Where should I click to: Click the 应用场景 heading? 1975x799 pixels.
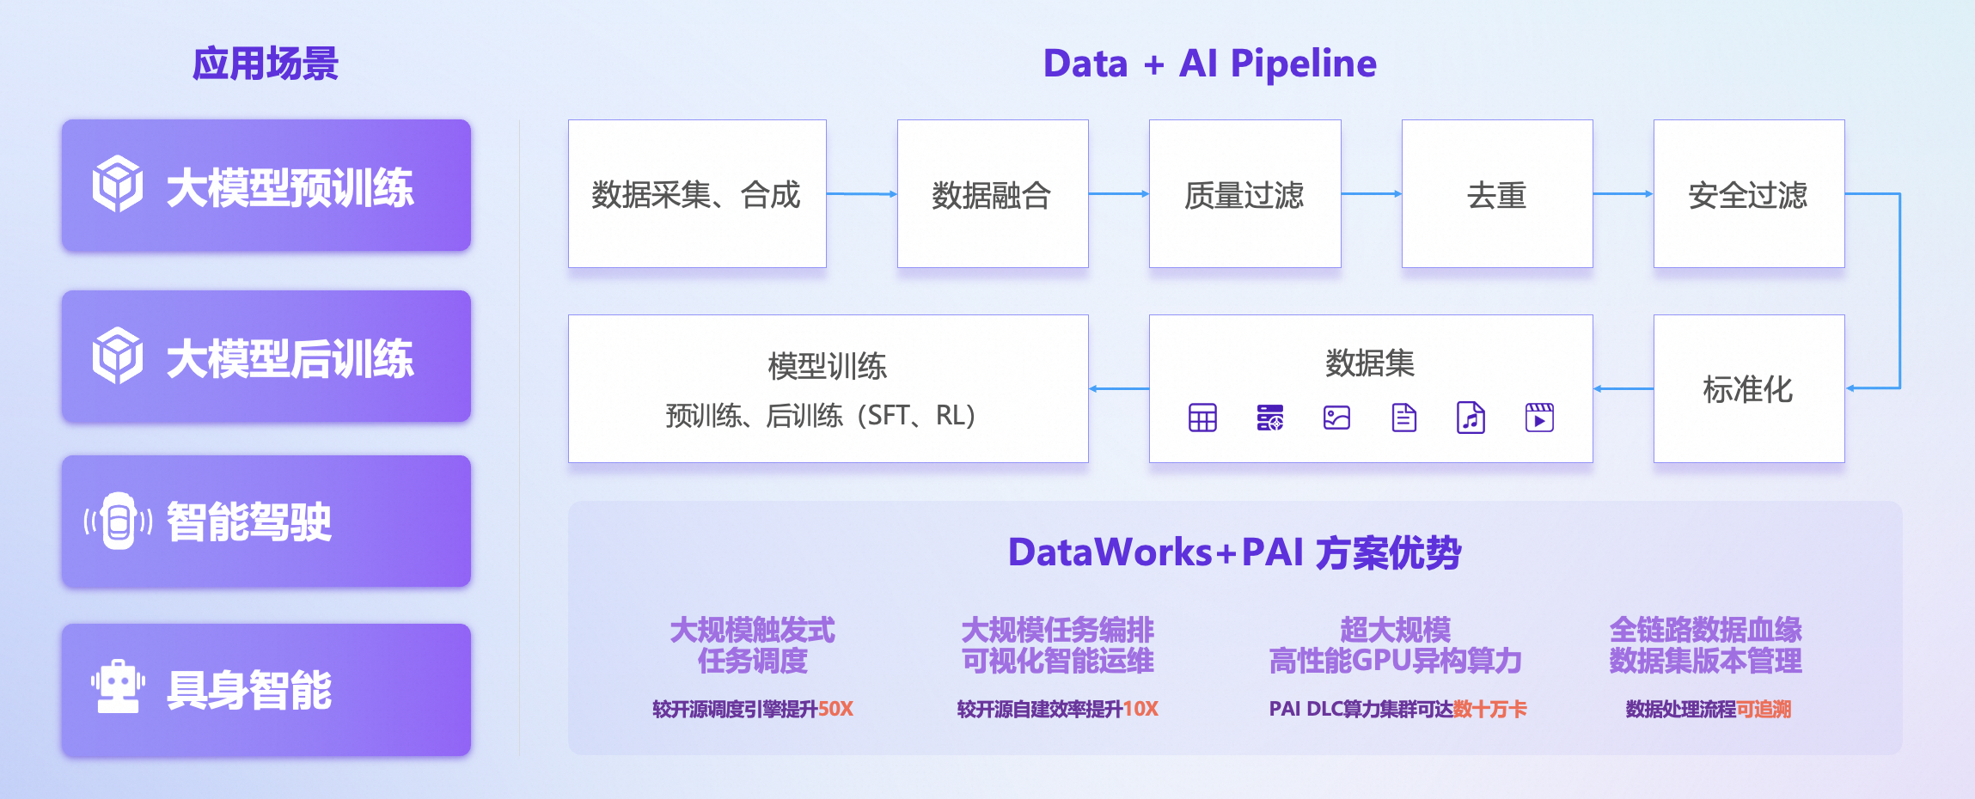265,64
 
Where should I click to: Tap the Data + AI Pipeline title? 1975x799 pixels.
1209,64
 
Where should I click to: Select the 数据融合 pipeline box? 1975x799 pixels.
992,194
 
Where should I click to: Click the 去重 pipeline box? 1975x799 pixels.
1496,194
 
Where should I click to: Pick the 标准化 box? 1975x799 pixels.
1748,389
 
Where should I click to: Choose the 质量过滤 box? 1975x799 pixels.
1244,194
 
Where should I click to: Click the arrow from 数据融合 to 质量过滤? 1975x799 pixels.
1118,194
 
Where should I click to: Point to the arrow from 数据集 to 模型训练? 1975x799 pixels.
1118,389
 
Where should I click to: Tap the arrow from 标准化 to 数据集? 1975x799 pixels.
1623,389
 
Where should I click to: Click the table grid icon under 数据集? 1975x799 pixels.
1202,418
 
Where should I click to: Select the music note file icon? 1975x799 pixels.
1471,418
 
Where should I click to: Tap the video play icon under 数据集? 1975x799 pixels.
1539,418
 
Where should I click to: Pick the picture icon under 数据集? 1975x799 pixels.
1336,418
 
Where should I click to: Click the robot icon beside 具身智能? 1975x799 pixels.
118,687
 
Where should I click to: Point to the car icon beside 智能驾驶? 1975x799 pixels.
118,521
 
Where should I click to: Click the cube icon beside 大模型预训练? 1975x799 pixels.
118,184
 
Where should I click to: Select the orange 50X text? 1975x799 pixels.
835,710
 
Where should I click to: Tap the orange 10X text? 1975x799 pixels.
1140,710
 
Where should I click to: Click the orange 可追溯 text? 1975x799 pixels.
1764,710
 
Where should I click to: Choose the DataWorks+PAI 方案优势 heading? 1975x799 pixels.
1234,552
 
